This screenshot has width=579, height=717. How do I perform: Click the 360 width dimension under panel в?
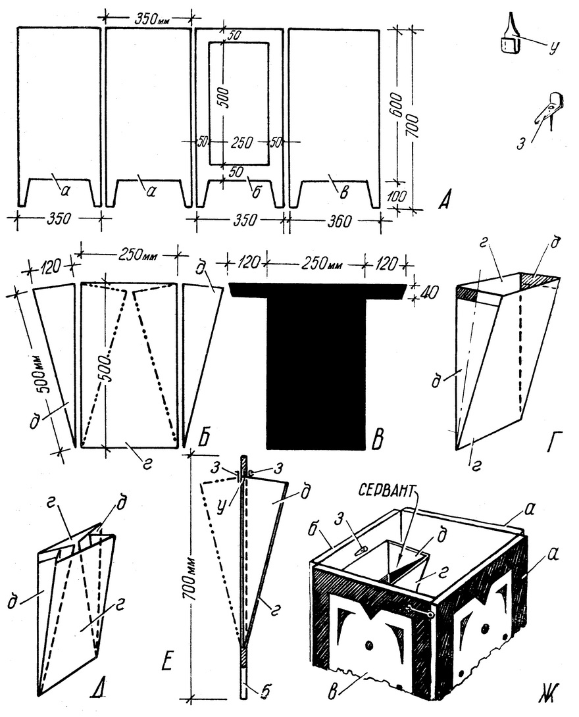(339, 220)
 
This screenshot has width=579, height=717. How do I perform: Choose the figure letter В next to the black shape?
(379, 439)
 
